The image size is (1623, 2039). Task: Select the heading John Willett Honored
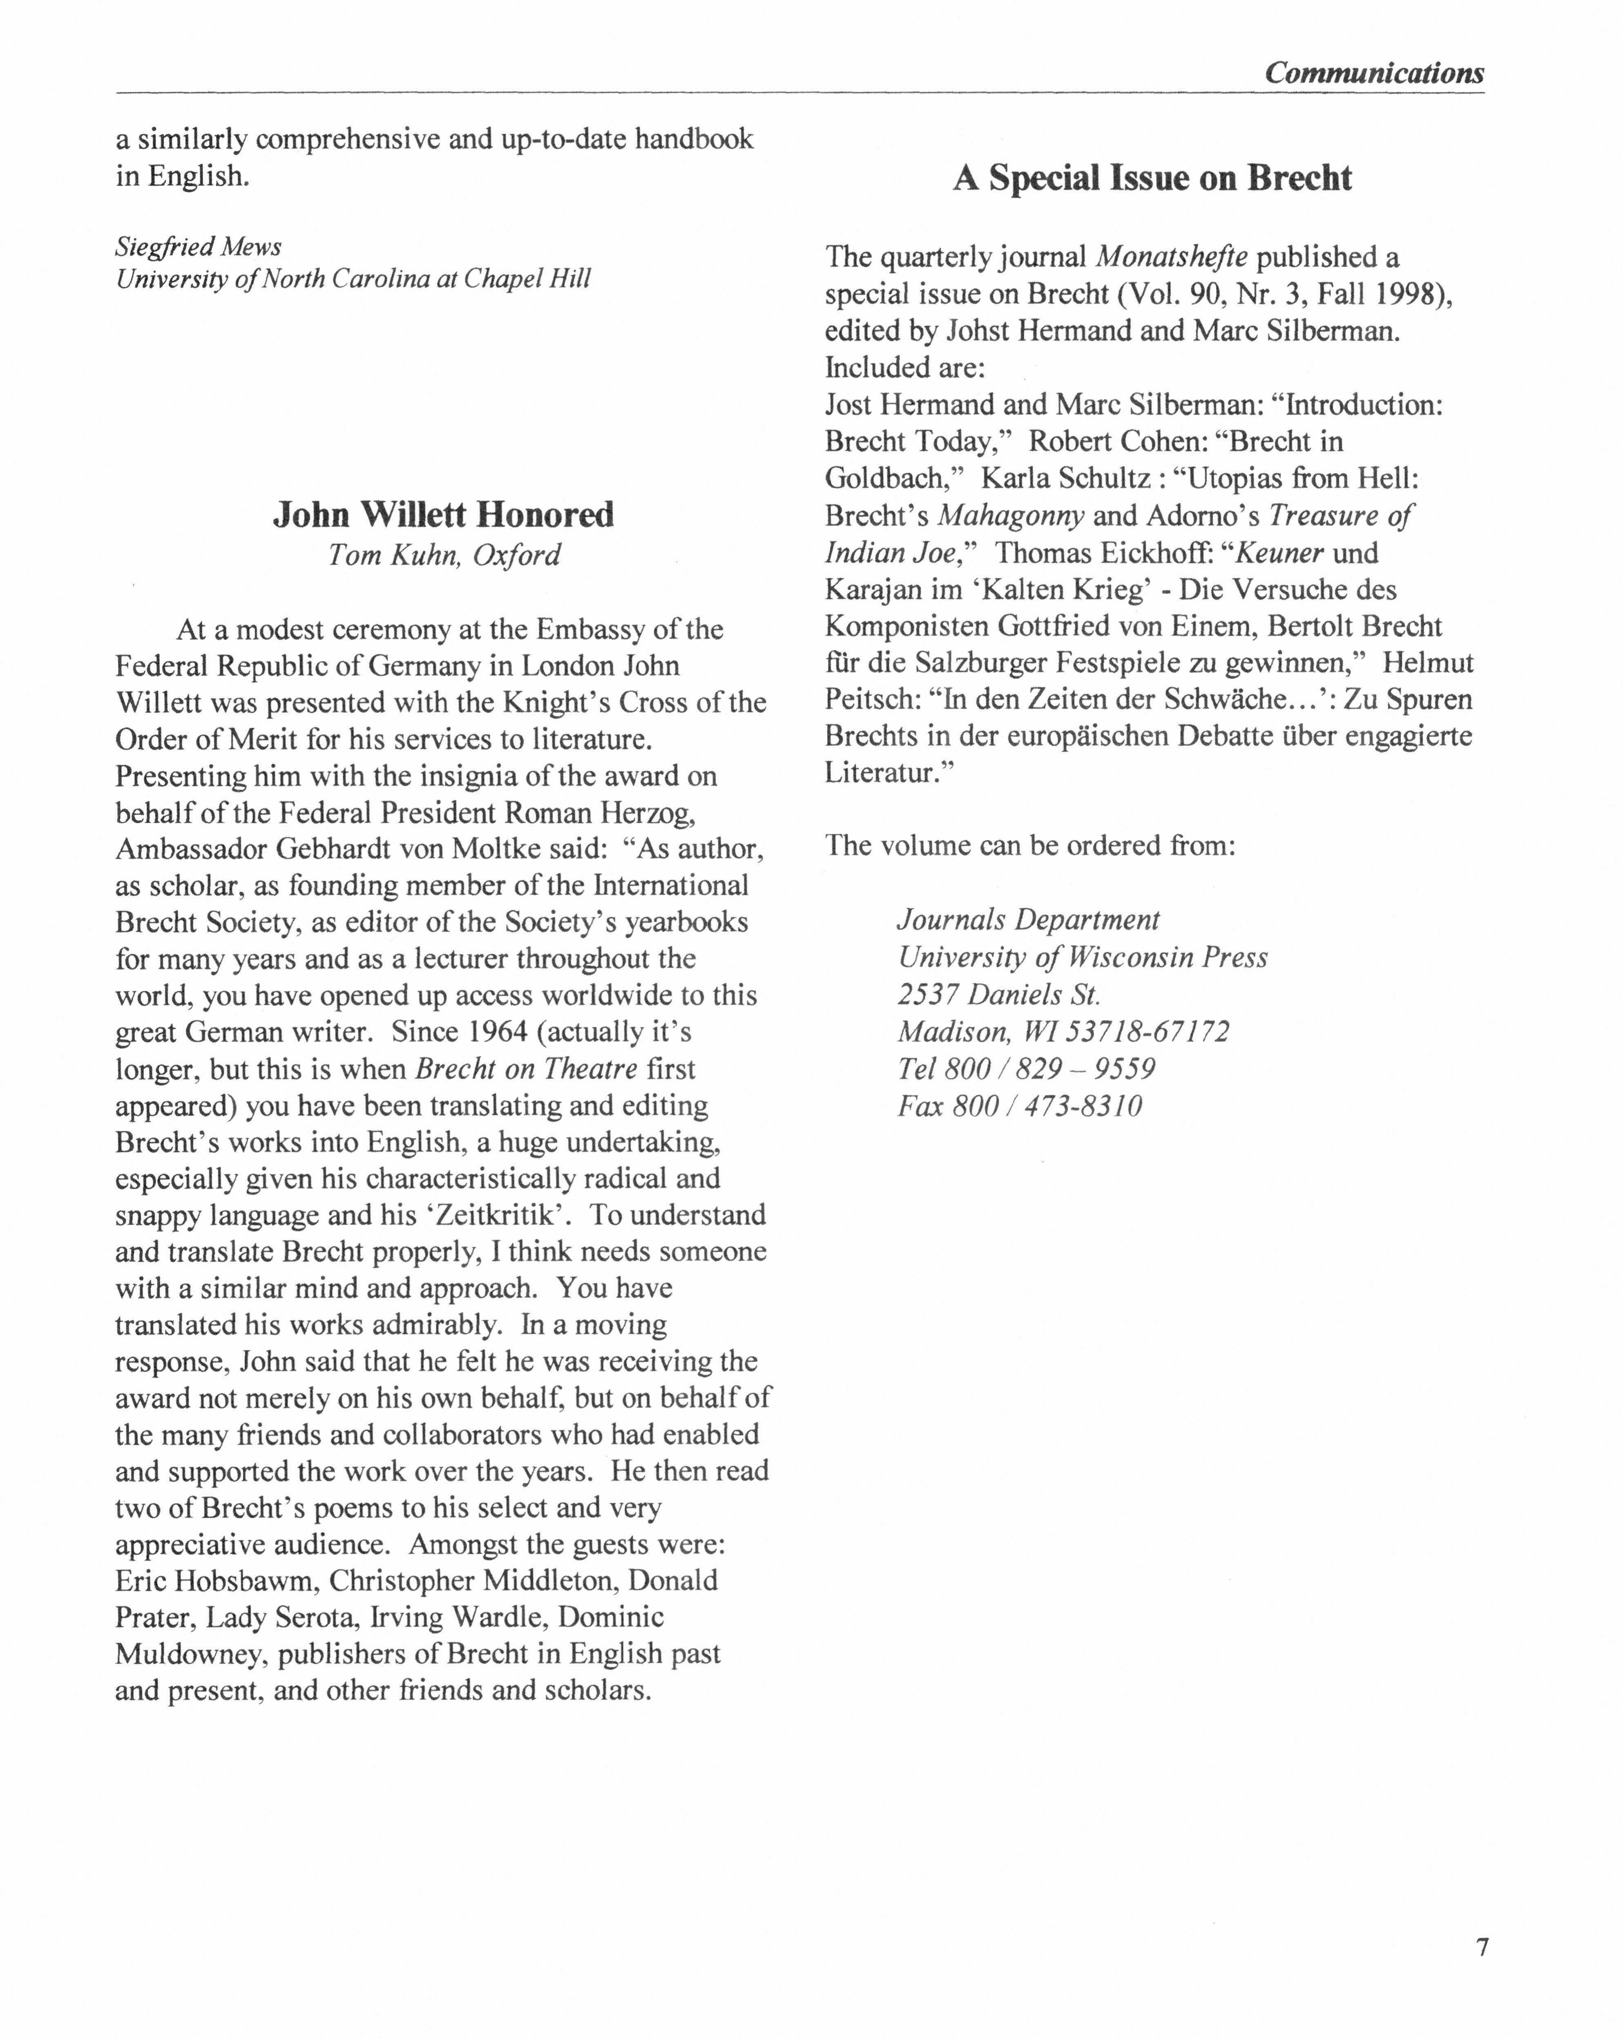pyautogui.click(x=444, y=515)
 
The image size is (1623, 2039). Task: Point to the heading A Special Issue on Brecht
pyautogui.click(x=1152, y=178)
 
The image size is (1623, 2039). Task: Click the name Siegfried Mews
pyautogui.click(x=199, y=247)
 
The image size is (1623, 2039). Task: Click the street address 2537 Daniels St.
pyautogui.click(x=999, y=994)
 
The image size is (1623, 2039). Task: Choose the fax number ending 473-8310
pyautogui.click(x=1020, y=1106)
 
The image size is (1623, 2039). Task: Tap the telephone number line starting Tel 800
pyautogui.click(x=1026, y=1069)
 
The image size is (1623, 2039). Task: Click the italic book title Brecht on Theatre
pyautogui.click(x=526, y=1069)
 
